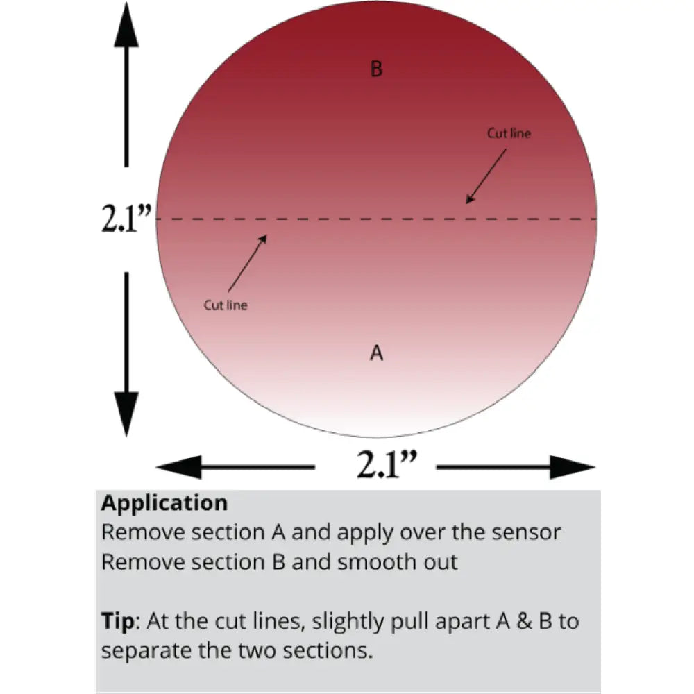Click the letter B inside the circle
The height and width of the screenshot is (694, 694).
point(376,69)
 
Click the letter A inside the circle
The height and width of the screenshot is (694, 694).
point(376,353)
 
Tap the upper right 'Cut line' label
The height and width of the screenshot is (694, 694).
point(509,133)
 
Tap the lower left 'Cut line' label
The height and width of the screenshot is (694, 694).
point(225,305)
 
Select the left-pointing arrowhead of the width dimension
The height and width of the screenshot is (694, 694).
point(179,467)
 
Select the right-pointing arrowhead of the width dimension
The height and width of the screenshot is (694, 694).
point(573,467)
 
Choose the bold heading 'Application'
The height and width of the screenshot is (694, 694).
point(164,503)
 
